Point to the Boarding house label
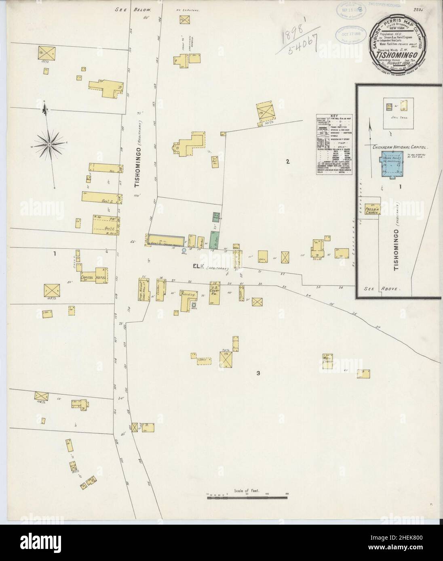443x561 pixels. tap(188, 295)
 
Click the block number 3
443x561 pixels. tap(258, 373)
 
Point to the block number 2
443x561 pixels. tap(287, 162)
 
